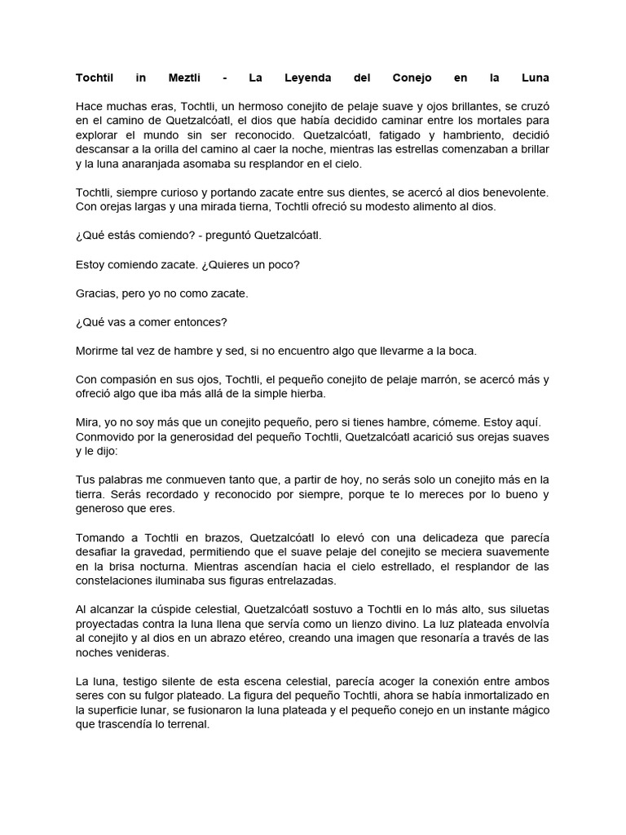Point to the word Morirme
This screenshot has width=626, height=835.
point(99,351)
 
